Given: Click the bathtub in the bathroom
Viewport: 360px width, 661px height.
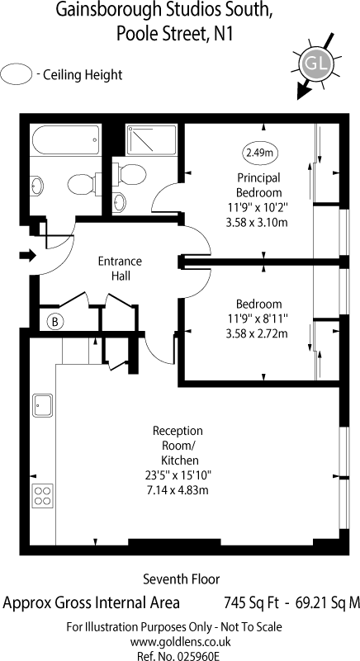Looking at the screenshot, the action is click(x=65, y=140).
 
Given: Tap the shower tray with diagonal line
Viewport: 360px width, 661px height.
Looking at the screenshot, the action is click(x=151, y=140).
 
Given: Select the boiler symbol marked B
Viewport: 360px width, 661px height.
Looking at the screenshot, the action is click(x=54, y=322).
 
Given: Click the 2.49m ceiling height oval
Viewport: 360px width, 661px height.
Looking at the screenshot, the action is click(x=259, y=153).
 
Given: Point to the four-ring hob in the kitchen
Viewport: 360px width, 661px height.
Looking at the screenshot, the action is click(x=43, y=495).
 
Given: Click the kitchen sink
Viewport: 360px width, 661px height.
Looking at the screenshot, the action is click(x=43, y=405).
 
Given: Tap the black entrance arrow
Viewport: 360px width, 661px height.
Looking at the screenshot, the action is click(x=28, y=255).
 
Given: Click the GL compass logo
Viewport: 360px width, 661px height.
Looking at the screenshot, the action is click(x=316, y=65).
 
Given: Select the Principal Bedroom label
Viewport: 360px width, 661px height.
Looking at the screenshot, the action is click(x=258, y=186).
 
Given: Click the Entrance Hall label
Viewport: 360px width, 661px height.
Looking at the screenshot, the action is click(x=121, y=268).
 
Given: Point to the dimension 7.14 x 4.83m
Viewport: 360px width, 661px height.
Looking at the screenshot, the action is click(x=177, y=490).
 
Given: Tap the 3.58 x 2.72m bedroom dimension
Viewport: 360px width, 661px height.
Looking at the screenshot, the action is click(x=257, y=334).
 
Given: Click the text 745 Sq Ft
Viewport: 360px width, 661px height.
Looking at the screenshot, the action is click(x=251, y=603).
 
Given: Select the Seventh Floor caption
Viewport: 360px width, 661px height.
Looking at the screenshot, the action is click(x=182, y=578).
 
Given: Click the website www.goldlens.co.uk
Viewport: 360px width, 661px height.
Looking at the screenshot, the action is click(x=180, y=642).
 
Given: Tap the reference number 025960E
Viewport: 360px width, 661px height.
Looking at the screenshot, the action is click(x=198, y=656).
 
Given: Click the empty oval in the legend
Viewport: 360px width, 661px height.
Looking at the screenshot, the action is click(x=17, y=74).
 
